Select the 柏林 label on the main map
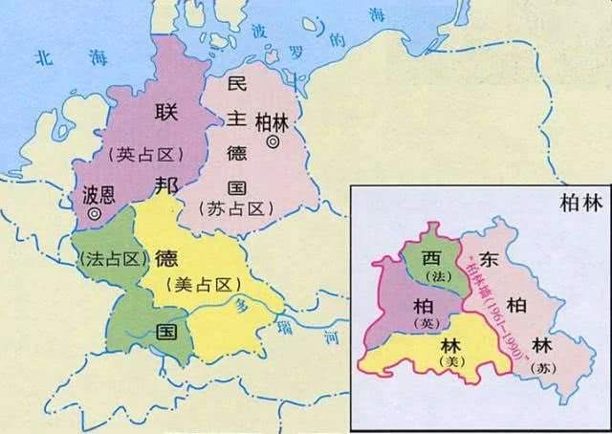(273, 122)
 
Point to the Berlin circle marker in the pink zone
(273, 141)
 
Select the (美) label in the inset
(448, 364)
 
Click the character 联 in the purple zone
(164, 113)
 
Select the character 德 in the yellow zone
(166, 259)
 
